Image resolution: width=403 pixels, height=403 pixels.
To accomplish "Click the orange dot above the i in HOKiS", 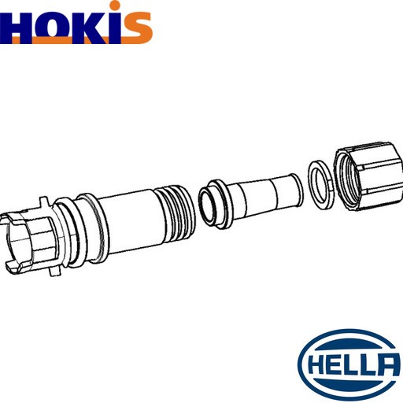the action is point(115,6).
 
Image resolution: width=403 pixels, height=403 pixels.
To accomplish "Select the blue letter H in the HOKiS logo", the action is point(16,28).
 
